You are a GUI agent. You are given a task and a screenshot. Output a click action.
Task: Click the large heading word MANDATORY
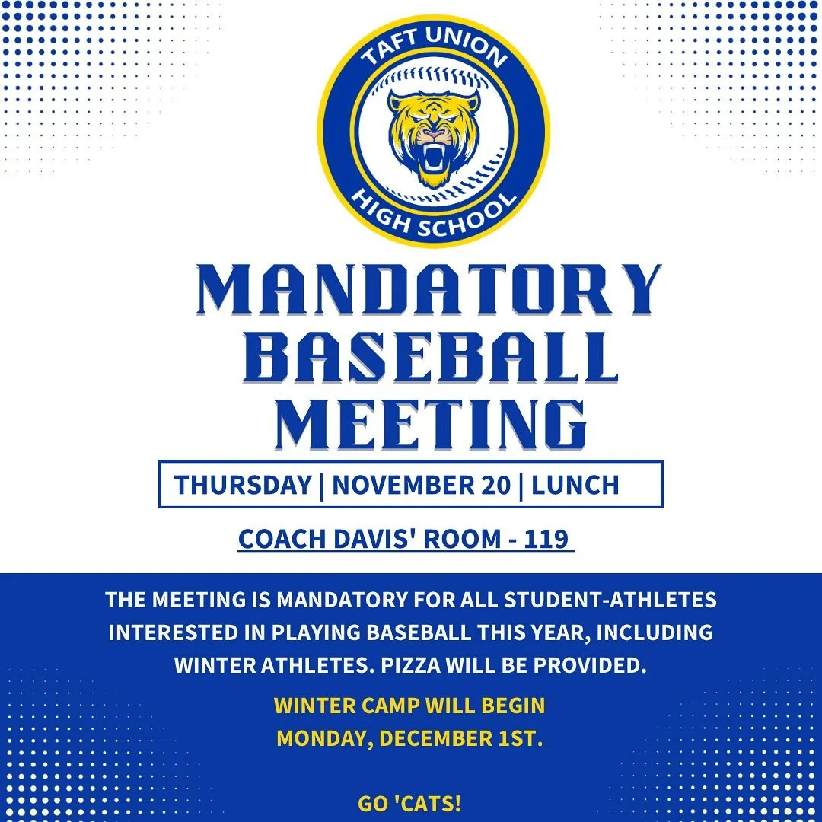[429, 290]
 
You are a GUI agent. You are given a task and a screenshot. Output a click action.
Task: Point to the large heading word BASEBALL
[432, 357]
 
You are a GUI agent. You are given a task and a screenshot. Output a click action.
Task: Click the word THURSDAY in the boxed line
[243, 485]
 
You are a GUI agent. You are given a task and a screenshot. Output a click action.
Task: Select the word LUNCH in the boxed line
[575, 485]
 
